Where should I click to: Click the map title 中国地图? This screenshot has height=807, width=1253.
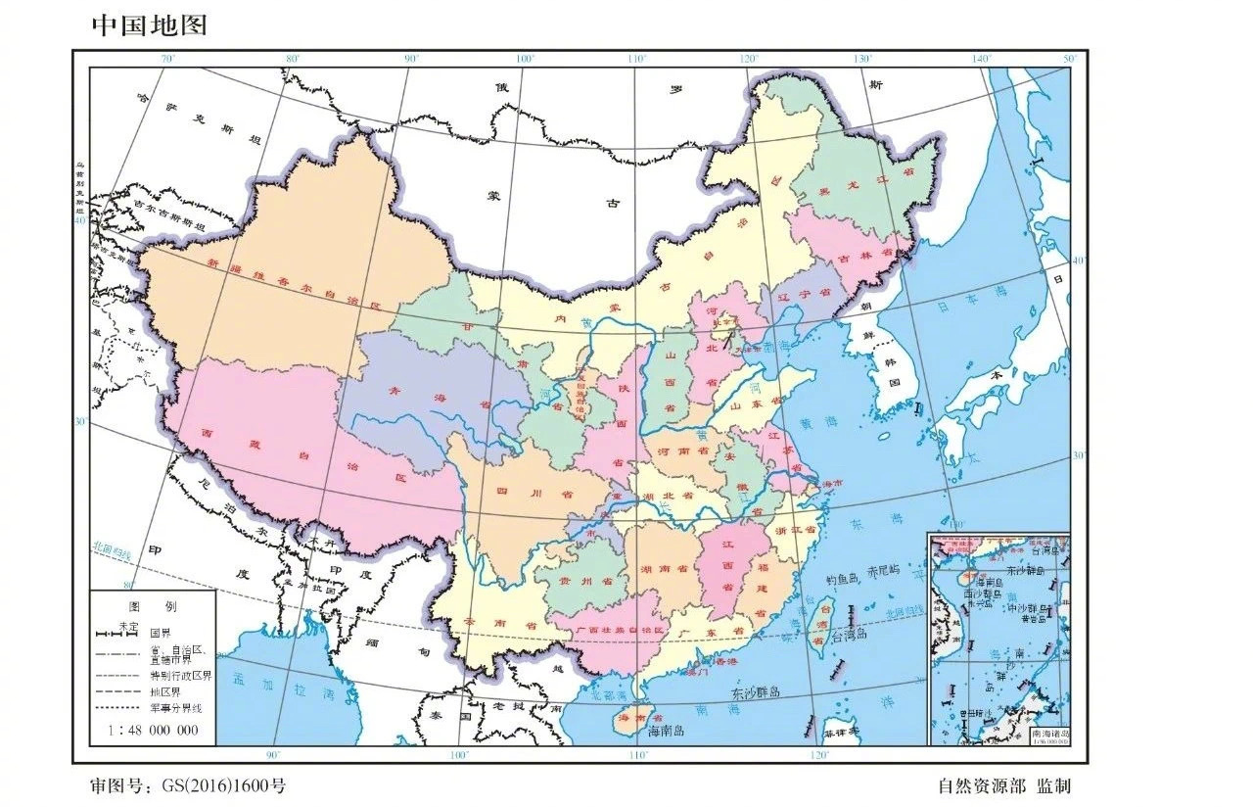tap(150, 24)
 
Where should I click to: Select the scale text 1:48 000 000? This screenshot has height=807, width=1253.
tap(156, 731)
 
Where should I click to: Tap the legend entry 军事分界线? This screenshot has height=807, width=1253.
tap(176, 708)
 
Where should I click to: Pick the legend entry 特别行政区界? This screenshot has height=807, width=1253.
tap(181, 676)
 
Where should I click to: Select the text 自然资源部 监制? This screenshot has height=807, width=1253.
tap(1003, 785)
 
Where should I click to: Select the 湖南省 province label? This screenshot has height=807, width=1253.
tap(662, 569)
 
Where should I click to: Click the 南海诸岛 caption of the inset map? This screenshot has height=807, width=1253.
tap(1050, 733)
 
